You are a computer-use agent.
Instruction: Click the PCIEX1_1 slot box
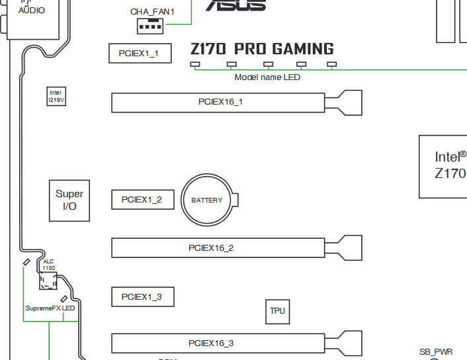coord(140,53)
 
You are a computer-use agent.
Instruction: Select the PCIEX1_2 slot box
coord(142,199)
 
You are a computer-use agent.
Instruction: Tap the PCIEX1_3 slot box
coord(142,297)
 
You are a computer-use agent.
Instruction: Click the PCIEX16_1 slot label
coord(220,102)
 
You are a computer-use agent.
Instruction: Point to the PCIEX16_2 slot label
coord(211,248)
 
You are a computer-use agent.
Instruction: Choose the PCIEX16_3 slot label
coord(211,343)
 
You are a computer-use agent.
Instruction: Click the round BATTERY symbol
coord(207,200)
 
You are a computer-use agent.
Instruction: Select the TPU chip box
coord(277,311)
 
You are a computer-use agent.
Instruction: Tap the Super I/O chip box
coord(69,200)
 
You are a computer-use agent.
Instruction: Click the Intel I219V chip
coord(57,96)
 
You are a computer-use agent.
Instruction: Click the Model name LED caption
coord(267,77)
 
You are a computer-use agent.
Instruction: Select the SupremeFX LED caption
coord(50,308)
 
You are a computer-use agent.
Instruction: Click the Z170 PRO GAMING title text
coord(262,49)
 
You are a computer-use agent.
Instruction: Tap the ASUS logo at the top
coord(235,5)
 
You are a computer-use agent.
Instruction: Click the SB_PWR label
coord(436,352)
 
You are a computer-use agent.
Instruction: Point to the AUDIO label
coord(32,11)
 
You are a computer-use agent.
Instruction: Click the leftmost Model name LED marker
coord(194,65)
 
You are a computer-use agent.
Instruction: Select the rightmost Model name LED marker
coord(332,65)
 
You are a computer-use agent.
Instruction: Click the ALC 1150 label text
coord(49,265)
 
